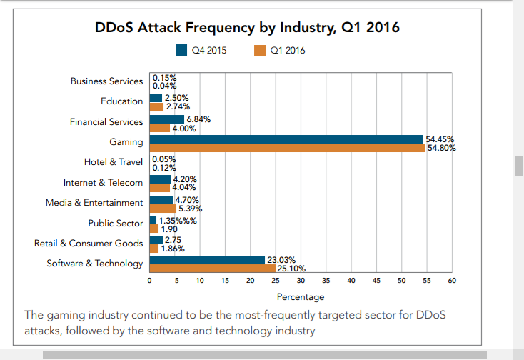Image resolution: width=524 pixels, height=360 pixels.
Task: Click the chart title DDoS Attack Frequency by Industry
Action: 247,28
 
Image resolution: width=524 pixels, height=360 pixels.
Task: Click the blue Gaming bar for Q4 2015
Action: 286,139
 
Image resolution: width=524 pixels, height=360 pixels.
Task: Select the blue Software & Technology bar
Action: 207,260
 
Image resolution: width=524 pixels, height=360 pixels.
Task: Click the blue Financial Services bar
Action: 166,119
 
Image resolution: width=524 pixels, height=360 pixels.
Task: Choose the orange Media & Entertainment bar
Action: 162,209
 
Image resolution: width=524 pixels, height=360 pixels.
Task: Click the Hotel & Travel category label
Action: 114,162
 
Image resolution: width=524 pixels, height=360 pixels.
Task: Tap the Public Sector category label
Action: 116,224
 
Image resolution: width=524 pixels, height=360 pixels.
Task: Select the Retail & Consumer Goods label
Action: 89,244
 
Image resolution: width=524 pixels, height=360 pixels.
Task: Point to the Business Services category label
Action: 106,81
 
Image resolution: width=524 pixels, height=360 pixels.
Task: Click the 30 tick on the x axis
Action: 301,281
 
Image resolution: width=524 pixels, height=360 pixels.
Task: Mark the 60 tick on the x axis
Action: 452,281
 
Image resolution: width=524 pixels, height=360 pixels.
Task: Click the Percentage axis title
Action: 301,297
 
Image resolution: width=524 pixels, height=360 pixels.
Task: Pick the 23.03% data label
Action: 281,260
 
